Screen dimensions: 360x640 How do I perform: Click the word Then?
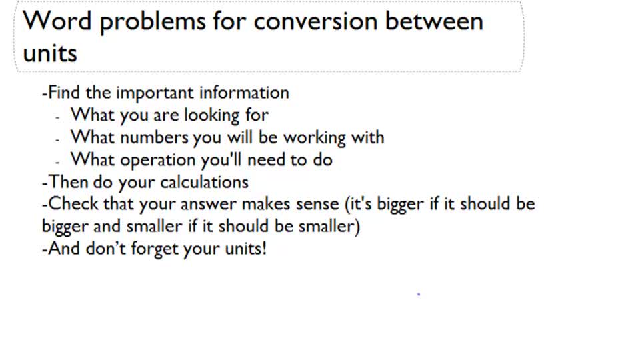[x=67, y=181]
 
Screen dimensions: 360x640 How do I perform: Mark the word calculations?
[x=204, y=181]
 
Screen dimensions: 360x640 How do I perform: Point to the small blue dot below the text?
[x=419, y=294]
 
